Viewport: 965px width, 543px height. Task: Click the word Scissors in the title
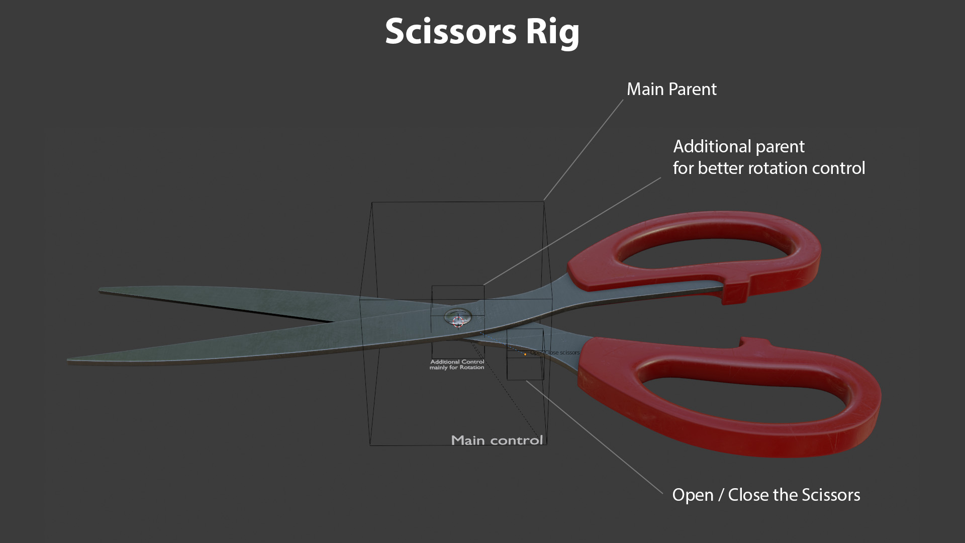450,31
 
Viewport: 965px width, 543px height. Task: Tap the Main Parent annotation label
671,89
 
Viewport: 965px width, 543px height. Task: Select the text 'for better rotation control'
768,168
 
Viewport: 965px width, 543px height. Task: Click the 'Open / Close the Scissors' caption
765,495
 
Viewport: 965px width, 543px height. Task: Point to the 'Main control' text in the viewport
497,440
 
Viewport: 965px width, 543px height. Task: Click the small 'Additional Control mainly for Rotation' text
457,365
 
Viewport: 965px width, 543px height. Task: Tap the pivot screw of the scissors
458,318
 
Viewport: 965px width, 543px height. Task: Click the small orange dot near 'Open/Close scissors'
525,354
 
